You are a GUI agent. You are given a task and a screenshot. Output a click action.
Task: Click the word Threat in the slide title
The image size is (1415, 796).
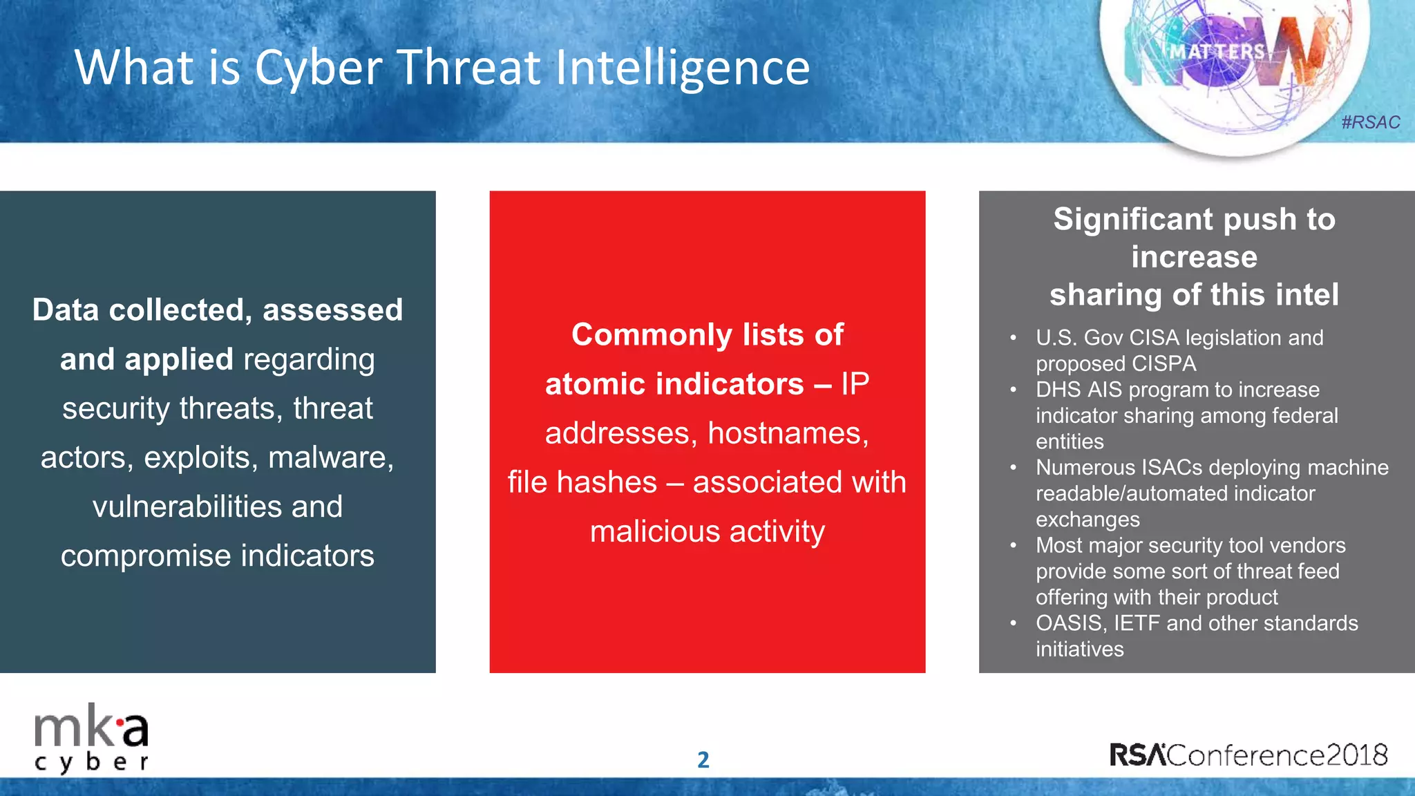point(468,68)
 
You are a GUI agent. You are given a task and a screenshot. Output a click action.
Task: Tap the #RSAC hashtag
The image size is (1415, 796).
point(1370,122)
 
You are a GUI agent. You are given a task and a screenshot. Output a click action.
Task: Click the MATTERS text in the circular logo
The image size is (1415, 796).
point(1217,52)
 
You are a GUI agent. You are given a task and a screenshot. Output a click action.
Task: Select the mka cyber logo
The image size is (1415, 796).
point(91,738)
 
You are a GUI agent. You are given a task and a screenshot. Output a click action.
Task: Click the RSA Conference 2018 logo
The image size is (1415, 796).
point(1248,755)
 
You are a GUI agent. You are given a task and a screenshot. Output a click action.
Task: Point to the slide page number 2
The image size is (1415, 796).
point(703,760)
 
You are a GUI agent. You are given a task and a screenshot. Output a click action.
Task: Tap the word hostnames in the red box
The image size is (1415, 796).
point(788,433)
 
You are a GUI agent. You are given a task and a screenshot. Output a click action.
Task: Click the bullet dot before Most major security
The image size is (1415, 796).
point(1013,546)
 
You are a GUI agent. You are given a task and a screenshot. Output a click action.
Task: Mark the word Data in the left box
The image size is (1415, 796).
point(66,310)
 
